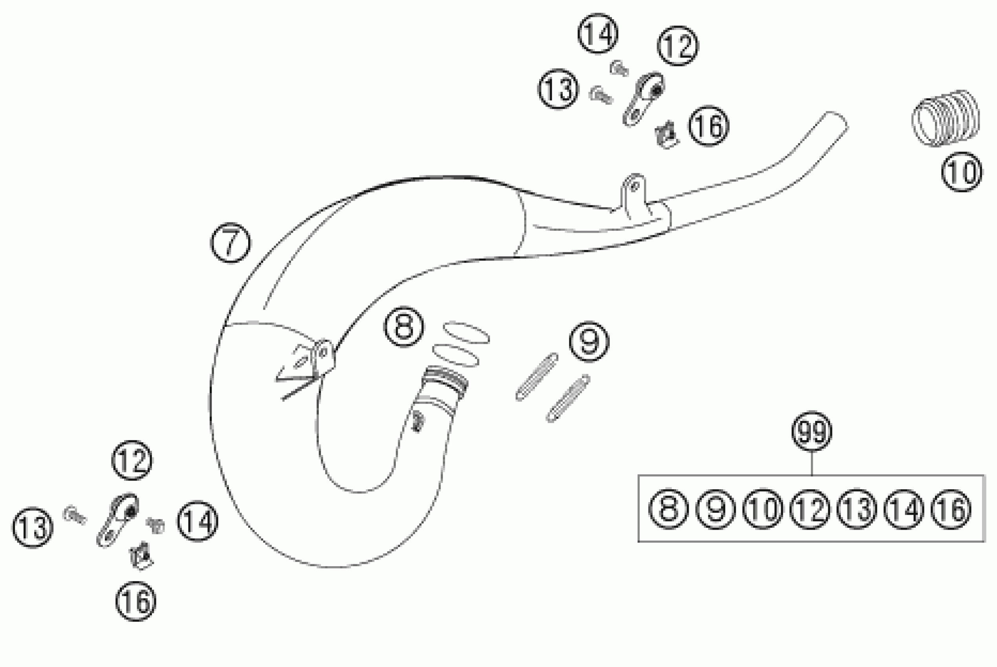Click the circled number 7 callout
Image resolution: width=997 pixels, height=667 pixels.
[231, 242]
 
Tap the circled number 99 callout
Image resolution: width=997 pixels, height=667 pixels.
[811, 431]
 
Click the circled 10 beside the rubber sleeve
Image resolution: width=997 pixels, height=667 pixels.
[962, 171]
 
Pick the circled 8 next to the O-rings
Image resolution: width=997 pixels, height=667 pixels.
[404, 327]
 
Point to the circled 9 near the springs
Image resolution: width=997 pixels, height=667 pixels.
[589, 342]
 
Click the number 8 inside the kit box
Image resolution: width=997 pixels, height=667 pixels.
[668, 509]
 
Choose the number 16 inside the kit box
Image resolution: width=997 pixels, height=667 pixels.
[951, 509]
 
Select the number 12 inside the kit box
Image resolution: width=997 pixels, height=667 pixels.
[810, 509]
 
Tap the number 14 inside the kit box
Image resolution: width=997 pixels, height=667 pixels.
[904, 509]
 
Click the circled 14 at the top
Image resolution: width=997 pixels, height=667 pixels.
[598, 34]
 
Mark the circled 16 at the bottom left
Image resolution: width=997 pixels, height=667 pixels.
[136, 601]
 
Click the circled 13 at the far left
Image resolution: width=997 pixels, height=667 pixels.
[32, 528]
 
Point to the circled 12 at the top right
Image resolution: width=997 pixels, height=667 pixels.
[678, 46]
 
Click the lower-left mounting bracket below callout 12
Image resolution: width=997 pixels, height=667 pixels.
[118, 521]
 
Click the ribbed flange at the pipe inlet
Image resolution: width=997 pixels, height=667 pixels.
[447, 378]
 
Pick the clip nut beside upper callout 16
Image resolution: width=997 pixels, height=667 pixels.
[666, 135]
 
